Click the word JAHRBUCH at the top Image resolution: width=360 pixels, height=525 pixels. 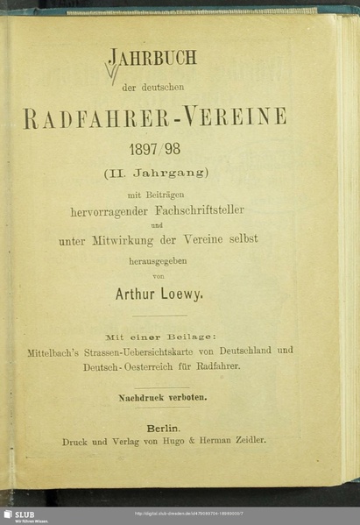[152, 60]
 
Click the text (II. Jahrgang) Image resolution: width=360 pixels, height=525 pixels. [154, 174]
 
